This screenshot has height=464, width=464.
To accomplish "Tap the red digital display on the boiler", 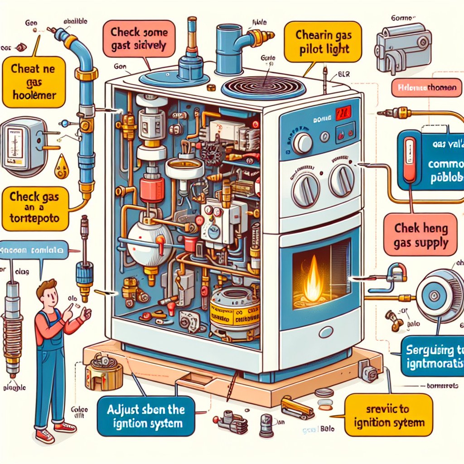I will tap(342, 114).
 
